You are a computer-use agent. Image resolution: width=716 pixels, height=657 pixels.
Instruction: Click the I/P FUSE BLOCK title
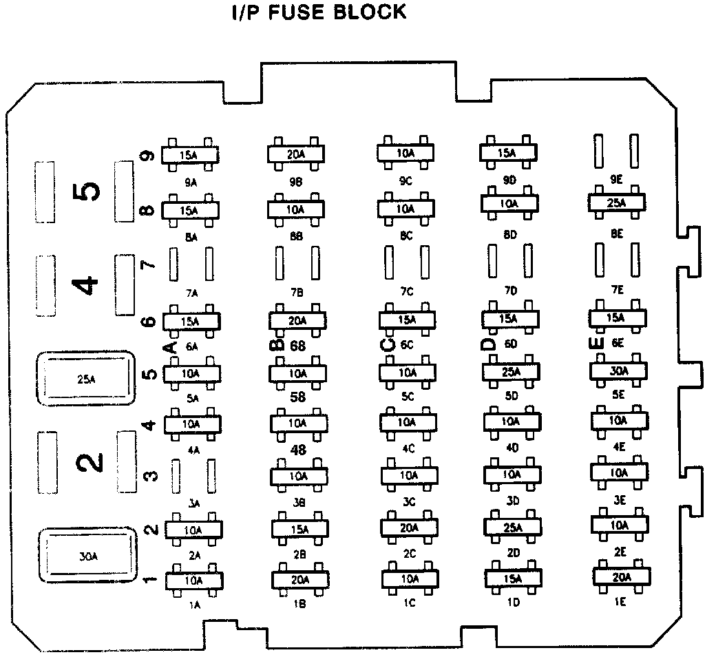click(318, 12)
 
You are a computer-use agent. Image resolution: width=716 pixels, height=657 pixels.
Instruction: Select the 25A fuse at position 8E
click(617, 202)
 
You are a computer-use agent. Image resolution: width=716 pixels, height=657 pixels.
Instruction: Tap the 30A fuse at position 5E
click(619, 371)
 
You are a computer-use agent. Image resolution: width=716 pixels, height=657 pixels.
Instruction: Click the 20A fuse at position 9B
click(296, 154)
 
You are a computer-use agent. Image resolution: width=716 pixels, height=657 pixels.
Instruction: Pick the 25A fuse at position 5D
click(512, 372)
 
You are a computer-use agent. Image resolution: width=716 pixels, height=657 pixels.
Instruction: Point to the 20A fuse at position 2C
click(409, 528)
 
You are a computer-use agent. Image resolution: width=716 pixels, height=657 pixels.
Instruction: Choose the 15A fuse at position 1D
click(513, 579)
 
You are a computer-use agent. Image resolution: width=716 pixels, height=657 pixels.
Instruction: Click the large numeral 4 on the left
click(87, 284)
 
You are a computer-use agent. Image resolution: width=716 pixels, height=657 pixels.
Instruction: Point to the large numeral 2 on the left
click(89, 462)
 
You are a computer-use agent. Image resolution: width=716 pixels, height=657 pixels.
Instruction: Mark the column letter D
click(489, 342)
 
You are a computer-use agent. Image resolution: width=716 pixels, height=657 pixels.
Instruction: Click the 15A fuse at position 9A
click(189, 155)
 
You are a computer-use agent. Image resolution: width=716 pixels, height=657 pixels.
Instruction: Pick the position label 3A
click(193, 504)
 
